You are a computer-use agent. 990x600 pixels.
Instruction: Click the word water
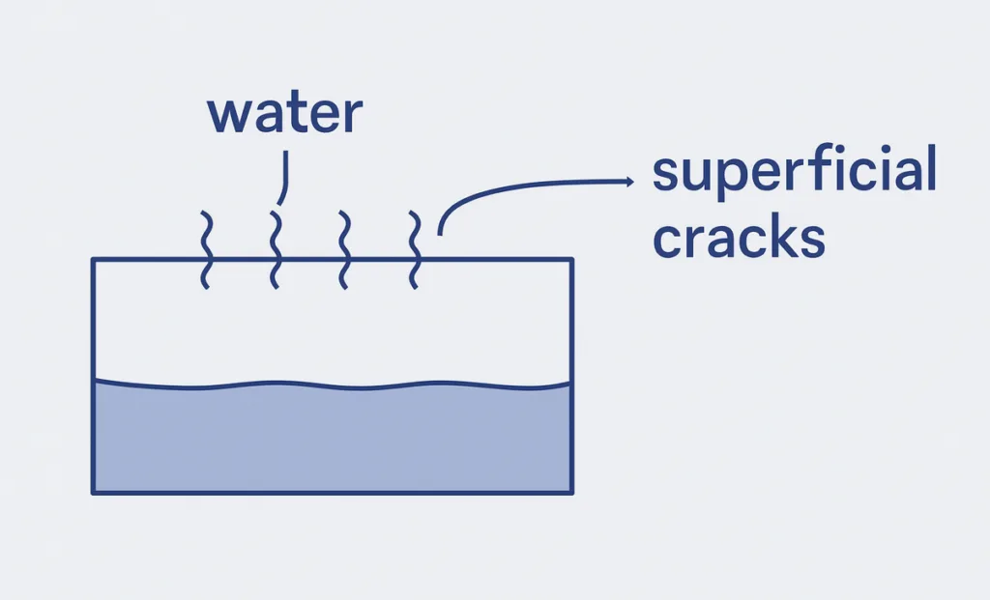click(x=284, y=114)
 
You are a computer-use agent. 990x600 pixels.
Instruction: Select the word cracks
click(x=739, y=237)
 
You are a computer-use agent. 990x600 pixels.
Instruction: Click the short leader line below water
click(x=283, y=179)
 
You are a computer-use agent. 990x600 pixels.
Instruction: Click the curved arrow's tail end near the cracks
click(x=441, y=232)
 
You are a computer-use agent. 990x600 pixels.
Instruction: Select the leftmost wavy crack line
click(x=206, y=249)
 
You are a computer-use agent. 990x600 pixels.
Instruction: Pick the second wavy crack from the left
click(x=276, y=249)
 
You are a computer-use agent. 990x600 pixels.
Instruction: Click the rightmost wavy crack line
click(x=415, y=249)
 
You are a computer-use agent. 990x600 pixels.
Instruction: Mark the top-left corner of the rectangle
click(x=93, y=259)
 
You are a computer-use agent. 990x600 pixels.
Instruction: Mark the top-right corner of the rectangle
click(x=572, y=259)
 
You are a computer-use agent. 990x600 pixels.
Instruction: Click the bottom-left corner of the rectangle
click(x=93, y=493)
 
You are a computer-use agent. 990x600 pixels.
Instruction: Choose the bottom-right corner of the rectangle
click(x=572, y=493)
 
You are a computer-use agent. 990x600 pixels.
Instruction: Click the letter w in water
click(x=228, y=115)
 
